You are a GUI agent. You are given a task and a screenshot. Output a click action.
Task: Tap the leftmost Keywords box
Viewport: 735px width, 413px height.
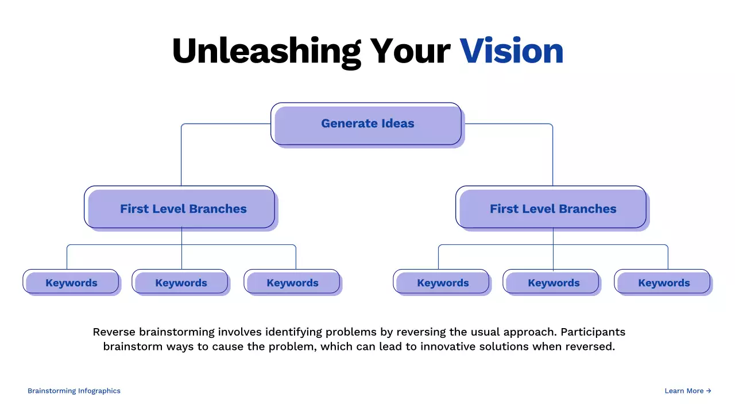[x=71, y=282]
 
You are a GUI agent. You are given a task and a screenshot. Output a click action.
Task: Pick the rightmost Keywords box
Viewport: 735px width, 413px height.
[x=663, y=282]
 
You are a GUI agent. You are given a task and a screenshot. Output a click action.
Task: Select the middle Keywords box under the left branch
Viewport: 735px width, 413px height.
[x=180, y=282]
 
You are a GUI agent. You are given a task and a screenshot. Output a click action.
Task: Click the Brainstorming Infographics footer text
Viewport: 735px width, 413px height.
[x=74, y=391]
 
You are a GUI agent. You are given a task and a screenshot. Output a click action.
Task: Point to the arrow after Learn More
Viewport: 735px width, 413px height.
[x=709, y=391]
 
